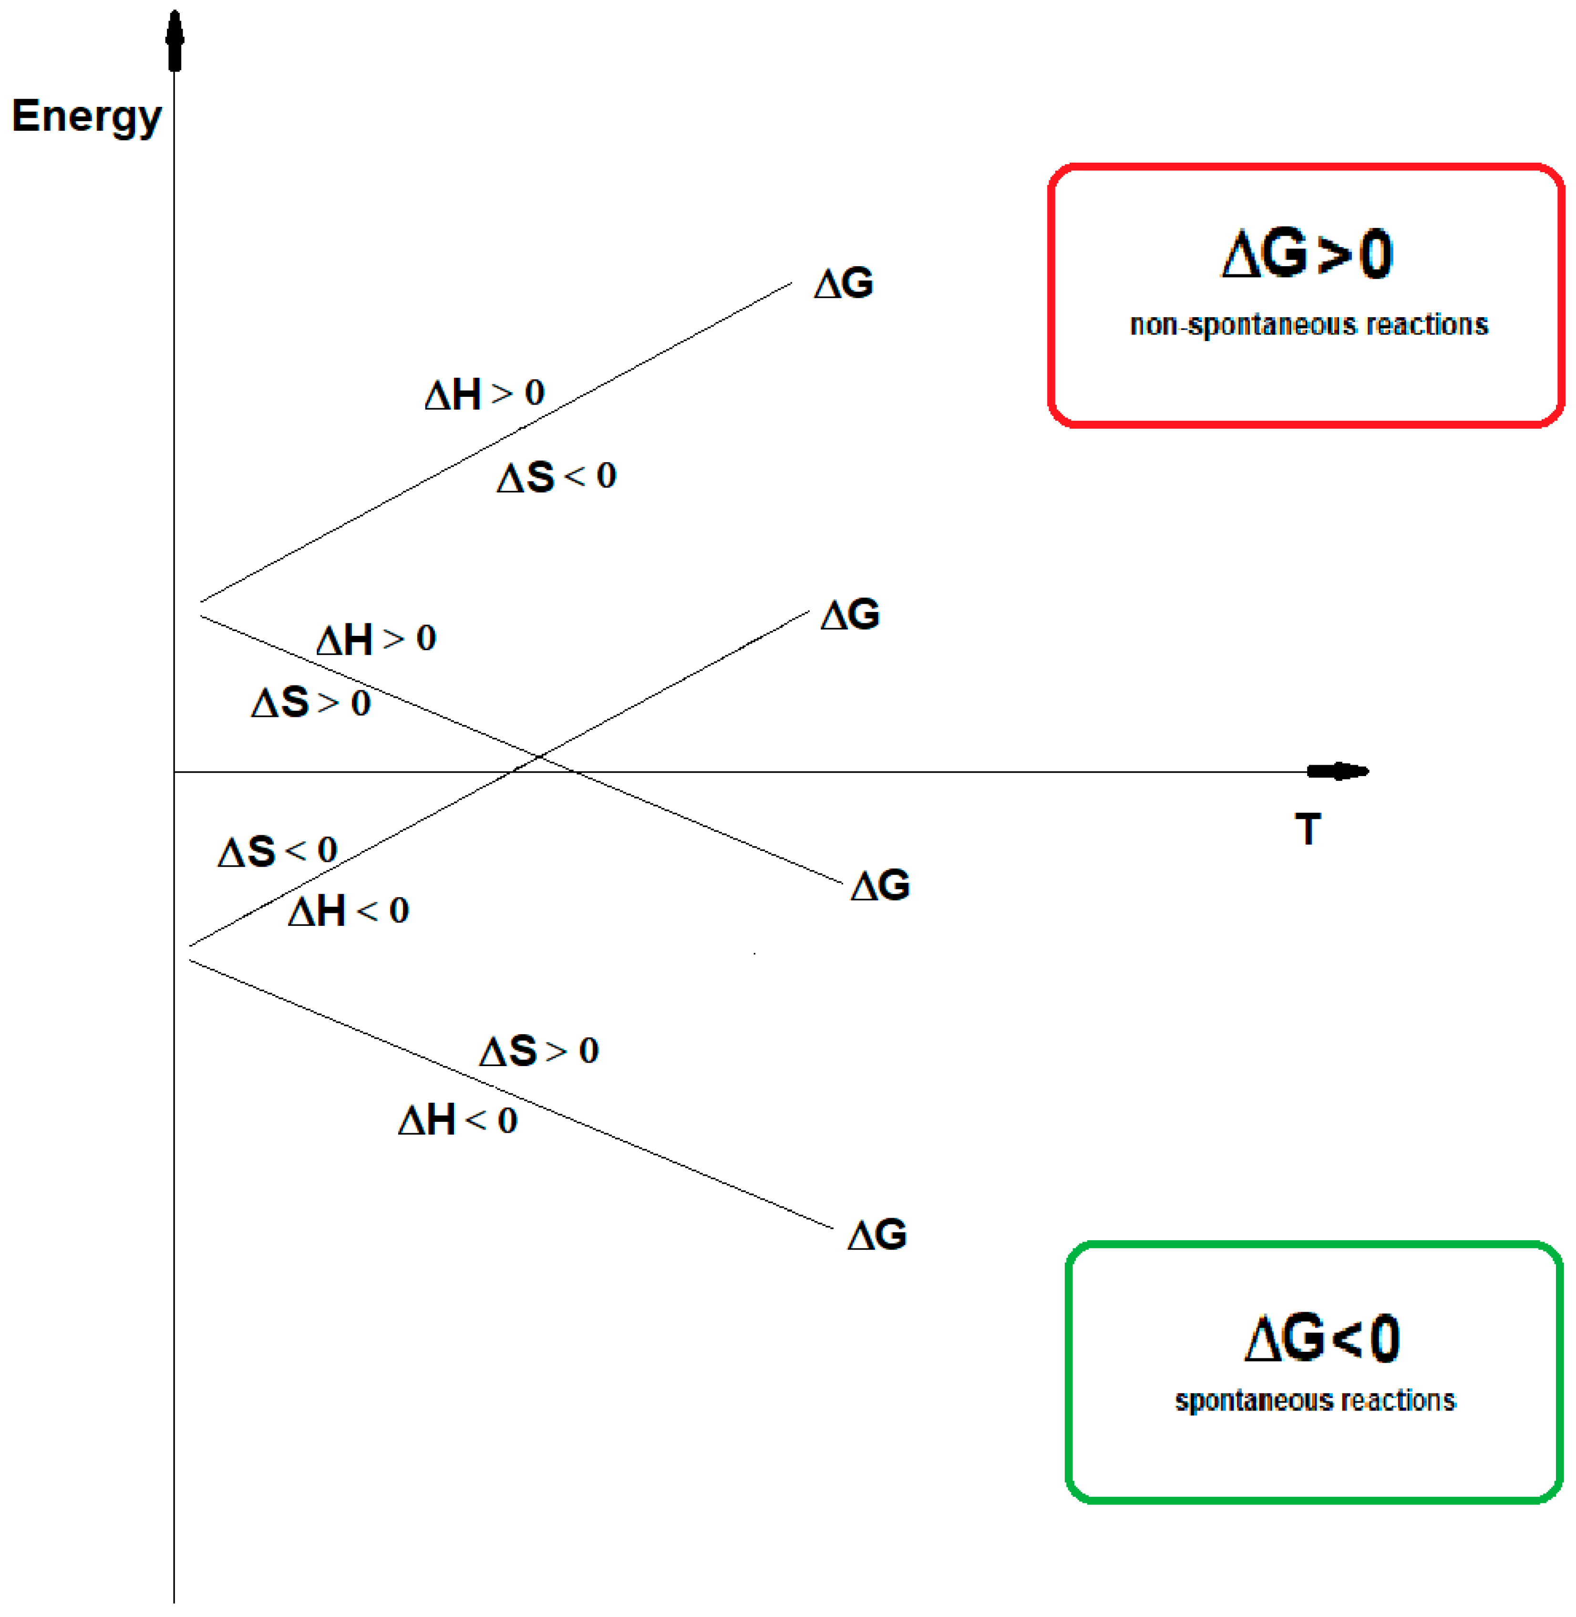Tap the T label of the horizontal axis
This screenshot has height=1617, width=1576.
click(x=1308, y=829)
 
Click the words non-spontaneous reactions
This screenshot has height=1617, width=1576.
click(x=1308, y=324)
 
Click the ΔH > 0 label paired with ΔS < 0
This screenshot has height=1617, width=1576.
click(x=484, y=394)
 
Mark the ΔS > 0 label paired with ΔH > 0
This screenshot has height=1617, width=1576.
click(x=310, y=703)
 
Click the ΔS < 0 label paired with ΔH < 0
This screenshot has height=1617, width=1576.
click(x=277, y=851)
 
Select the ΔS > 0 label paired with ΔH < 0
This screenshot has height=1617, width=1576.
click(x=539, y=1051)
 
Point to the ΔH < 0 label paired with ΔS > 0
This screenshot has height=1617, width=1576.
click(x=458, y=1121)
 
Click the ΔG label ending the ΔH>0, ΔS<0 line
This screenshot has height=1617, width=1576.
click(x=844, y=284)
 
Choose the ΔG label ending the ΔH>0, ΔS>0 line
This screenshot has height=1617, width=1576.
click(x=880, y=886)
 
